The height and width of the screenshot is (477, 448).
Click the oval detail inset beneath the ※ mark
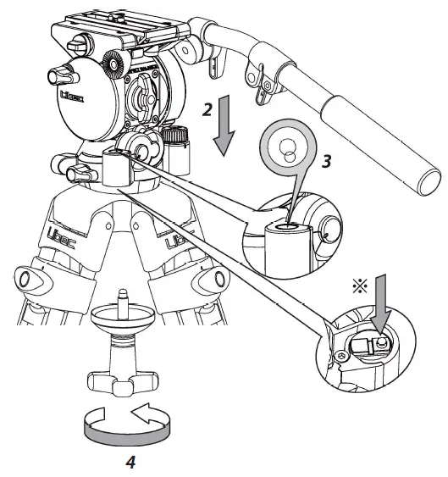tap(364, 348)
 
